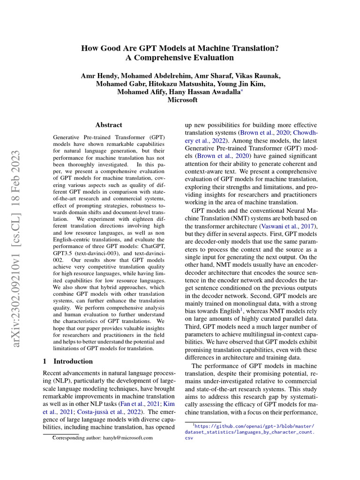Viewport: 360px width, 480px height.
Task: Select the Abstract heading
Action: coord(109,125)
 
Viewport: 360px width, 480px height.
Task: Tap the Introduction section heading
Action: coord(73,361)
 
